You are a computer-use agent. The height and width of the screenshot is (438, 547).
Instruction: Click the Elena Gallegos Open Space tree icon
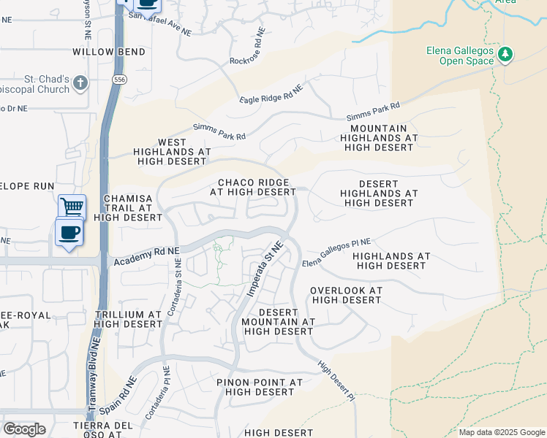[505, 55]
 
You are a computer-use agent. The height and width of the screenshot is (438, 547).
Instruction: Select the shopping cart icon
[72, 207]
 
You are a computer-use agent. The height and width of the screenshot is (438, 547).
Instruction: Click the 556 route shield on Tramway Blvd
[118, 79]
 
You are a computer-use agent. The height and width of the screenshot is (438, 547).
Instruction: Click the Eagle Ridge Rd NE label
[271, 95]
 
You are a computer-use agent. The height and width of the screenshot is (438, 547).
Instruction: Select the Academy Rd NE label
[146, 256]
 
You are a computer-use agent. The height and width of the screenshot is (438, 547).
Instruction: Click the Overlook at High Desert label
[346, 295]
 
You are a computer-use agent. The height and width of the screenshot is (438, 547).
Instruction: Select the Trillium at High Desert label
[128, 319]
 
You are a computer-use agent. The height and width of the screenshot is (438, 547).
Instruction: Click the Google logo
[24, 429]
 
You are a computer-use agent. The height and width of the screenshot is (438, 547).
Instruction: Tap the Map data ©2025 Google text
[502, 432]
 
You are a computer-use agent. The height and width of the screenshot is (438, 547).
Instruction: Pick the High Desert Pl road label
[336, 380]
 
